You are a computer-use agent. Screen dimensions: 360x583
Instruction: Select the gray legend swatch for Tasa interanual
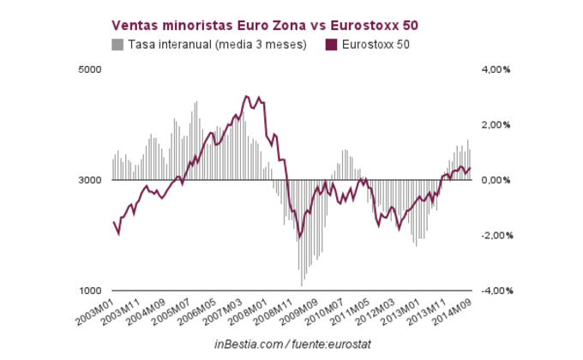coord(117,45)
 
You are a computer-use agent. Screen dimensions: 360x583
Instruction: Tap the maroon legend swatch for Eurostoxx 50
coord(328,45)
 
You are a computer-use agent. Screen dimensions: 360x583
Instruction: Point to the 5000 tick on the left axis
coord(91,69)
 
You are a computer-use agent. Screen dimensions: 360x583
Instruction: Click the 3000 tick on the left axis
coord(91,180)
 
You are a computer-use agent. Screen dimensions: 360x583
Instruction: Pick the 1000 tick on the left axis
coord(91,291)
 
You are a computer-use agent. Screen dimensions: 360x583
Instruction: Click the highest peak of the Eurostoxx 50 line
coord(246,96)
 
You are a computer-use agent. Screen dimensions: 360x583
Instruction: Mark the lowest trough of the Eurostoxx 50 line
coord(300,238)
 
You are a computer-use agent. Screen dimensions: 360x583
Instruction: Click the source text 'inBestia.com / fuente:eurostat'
coord(291,344)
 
